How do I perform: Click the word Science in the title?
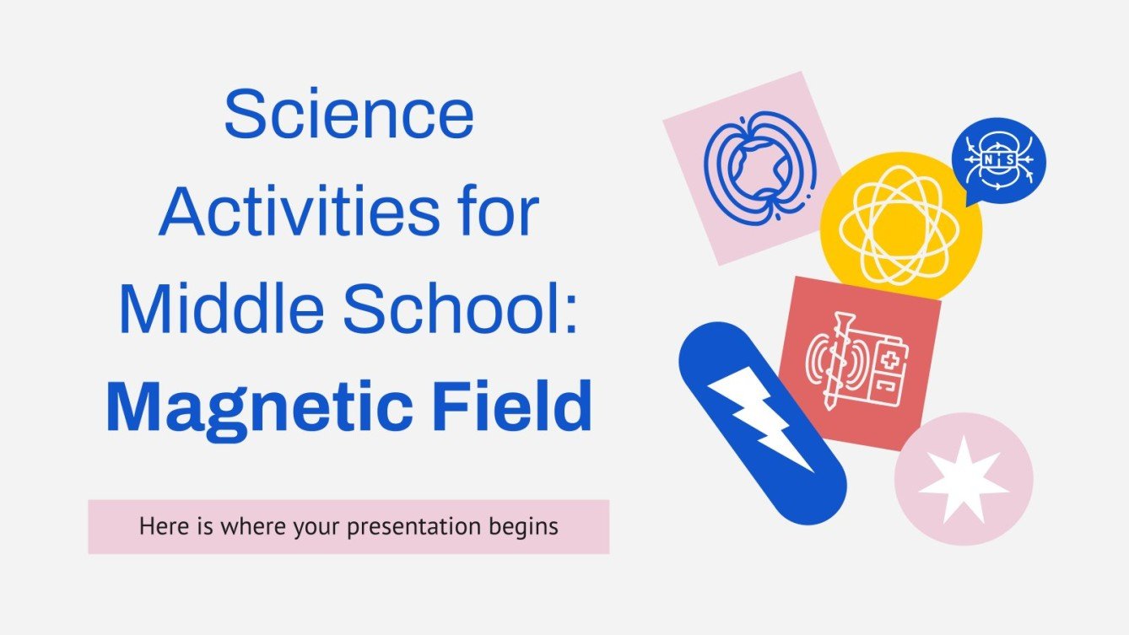coord(348,117)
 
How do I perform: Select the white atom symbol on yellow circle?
coord(900,224)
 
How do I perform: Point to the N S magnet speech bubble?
coord(998,159)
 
